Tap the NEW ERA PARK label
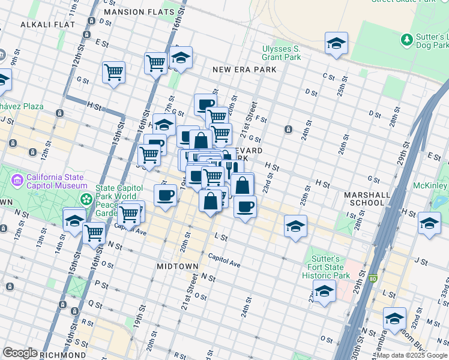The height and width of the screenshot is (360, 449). click(245, 70)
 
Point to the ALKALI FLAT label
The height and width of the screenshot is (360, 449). click(47, 25)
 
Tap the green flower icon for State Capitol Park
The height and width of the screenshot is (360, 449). click(87, 199)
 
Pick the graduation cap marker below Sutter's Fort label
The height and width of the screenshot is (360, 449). click(324, 291)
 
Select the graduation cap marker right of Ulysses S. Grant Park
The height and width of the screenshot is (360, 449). click(336, 43)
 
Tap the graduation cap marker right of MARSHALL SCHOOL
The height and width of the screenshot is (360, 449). click(429, 223)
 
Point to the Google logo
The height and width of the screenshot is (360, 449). click(20, 352)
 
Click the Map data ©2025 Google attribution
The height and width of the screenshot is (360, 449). click(412, 355)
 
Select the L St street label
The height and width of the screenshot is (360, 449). click(221, 238)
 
